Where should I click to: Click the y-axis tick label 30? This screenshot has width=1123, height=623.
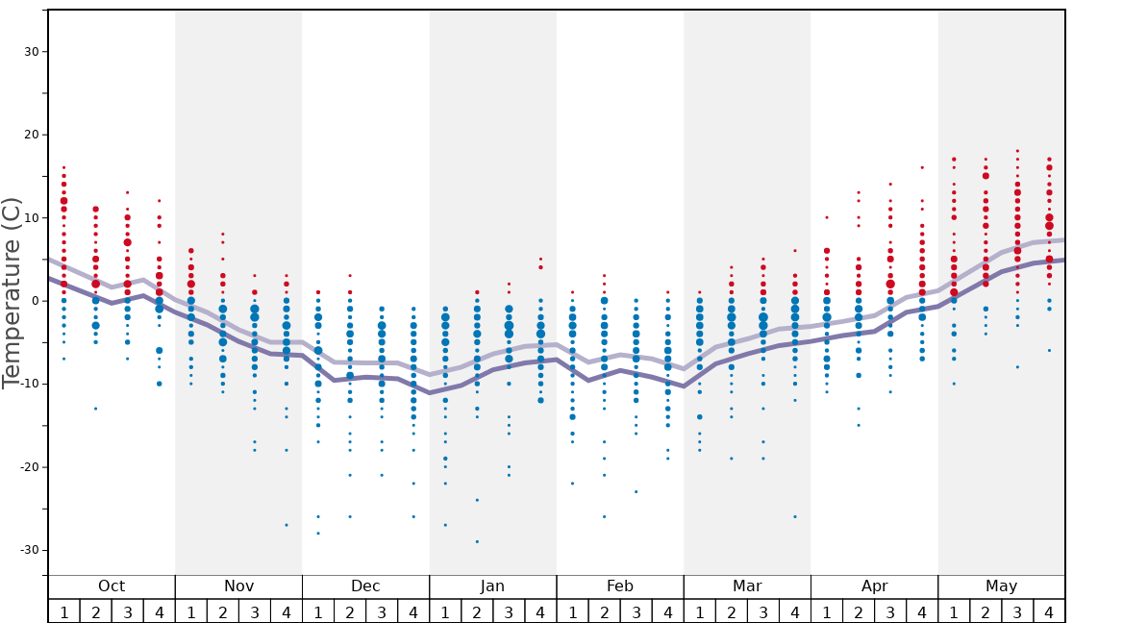(30, 52)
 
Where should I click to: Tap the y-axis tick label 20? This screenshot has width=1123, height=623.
(30, 135)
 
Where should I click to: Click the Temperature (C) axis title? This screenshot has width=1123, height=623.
(12, 292)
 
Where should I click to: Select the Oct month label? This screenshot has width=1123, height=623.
(112, 586)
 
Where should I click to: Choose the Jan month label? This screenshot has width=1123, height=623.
(492, 586)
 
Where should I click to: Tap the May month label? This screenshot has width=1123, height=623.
(1001, 586)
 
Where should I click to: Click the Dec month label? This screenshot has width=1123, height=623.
(365, 586)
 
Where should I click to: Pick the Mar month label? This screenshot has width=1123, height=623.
(747, 586)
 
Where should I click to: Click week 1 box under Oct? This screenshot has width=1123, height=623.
(63, 611)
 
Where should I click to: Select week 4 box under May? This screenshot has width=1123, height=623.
(1049, 611)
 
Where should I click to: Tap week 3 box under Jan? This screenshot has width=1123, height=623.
(509, 611)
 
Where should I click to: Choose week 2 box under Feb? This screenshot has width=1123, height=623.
(604, 611)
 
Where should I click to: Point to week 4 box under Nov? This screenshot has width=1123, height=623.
(287, 611)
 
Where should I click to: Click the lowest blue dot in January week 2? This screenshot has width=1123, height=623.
(477, 541)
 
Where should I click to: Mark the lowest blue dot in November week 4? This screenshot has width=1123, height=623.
(287, 525)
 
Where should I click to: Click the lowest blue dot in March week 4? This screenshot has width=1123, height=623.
(795, 516)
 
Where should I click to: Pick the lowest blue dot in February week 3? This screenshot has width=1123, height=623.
(636, 491)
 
